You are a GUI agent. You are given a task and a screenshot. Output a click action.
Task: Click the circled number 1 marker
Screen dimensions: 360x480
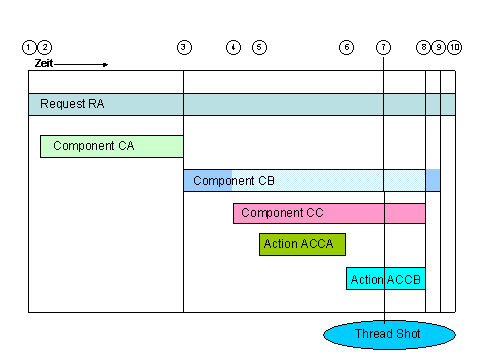[29, 47]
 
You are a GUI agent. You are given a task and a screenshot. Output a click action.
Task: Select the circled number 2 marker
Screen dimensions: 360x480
[44, 47]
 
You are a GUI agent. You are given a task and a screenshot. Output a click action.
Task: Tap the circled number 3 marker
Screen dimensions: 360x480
[183, 47]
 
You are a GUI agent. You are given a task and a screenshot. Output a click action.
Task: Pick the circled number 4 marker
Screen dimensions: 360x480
[233, 47]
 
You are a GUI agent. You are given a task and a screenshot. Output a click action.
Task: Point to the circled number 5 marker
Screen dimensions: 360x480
[259, 47]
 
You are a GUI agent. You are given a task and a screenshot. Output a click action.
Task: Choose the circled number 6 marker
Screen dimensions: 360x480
[346, 47]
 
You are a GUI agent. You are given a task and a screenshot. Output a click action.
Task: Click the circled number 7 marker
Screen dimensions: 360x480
[384, 47]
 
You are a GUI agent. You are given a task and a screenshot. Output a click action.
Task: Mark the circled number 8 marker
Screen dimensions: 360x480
[425, 47]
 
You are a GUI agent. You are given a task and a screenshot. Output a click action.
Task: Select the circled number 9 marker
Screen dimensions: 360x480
[440, 47]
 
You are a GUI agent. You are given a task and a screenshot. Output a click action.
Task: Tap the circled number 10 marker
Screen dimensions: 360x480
[455, 47]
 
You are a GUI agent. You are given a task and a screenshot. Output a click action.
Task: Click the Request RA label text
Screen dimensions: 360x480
[72, 104]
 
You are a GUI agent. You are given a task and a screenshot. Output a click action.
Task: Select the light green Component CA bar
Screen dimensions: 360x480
[111, 146]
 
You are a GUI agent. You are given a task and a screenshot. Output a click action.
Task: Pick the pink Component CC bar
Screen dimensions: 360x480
[329, 213]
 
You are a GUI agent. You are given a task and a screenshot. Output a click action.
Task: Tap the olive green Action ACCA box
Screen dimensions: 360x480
[302, 245]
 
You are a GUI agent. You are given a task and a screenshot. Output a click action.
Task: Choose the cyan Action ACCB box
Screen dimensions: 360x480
[386, 279]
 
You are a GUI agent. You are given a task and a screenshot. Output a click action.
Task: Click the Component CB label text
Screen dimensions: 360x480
[233, 181]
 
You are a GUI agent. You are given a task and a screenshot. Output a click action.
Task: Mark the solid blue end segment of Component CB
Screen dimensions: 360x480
[433, 180]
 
